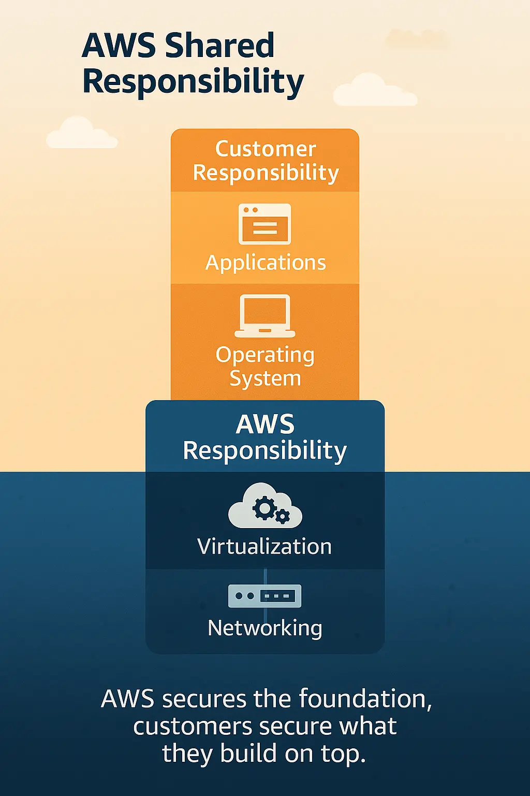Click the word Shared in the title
(219, 46)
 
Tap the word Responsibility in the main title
(193, 82)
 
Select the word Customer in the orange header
(265, 149)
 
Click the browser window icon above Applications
(264, 224)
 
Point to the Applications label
(265, 263)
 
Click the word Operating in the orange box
(265, 356)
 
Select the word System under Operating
(265, 378)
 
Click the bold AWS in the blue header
(265, 424)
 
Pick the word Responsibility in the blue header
(265, 450)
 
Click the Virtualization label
(264, 547)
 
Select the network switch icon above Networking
(264, 596)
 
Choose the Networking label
(265, 628)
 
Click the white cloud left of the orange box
(81, 134)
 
